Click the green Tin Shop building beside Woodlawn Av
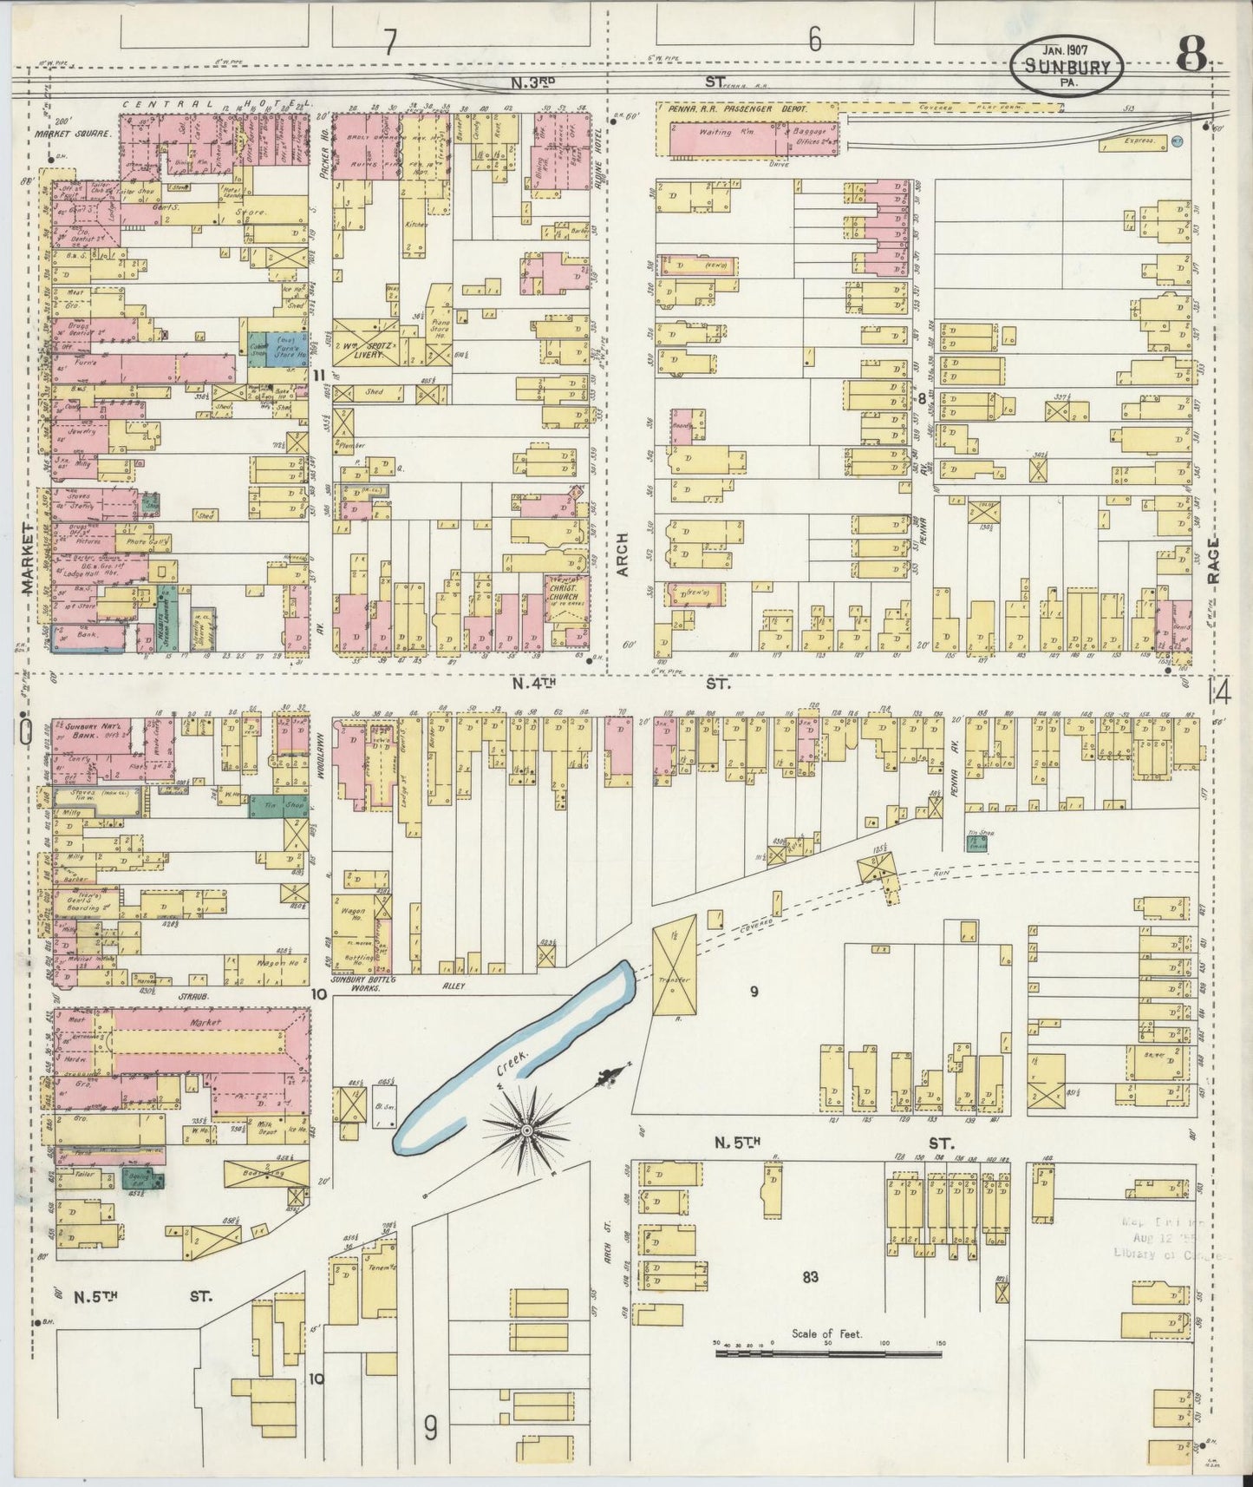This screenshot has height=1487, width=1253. coord(277,806)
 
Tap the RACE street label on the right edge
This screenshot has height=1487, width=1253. coord(1211,565)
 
